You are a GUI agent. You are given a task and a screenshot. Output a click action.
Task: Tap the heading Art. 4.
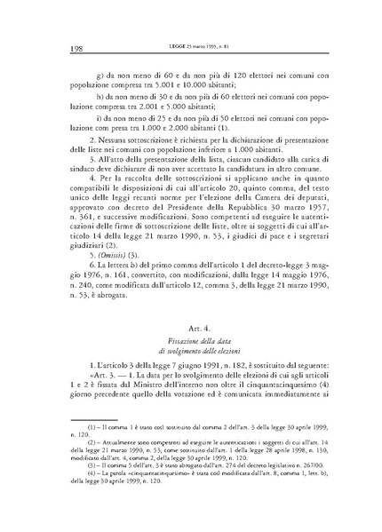click(x=191, y=327)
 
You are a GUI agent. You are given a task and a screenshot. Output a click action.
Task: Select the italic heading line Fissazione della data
click(x=191, y=341)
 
